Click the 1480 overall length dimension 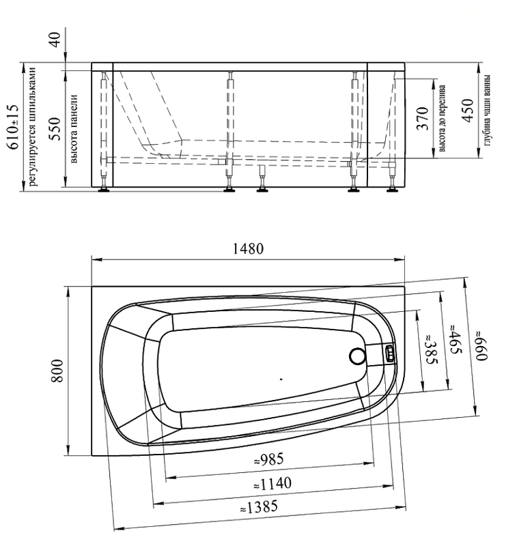[x=248, y=248]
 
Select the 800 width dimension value [x=57, y=371]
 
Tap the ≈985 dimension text [x=268, y=460]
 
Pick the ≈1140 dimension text [x=272, y=484]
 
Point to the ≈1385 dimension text [x=260, y=507]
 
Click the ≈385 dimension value [x=431, y=349]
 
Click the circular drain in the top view [x=357, y=356]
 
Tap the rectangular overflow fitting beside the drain [x=390, y=353]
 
